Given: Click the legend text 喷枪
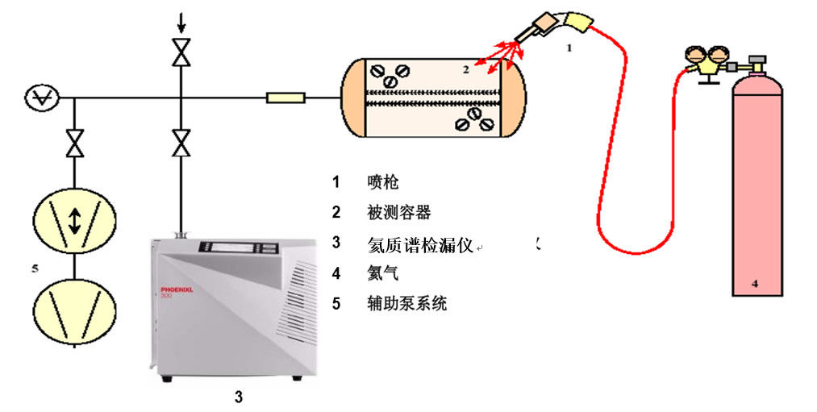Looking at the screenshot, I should coord(382,181).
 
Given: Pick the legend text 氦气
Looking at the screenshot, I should coord(382,273).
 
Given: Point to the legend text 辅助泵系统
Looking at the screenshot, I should coord(406,304).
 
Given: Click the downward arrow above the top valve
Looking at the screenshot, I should coord(181,23).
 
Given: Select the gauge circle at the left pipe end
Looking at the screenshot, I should coord(39,98).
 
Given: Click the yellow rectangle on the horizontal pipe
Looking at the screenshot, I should coord(286,98).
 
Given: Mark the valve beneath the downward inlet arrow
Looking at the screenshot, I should coord(181,54).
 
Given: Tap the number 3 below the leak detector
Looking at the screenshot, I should coord(238,396).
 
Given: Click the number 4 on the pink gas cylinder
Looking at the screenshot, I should coord(755,283).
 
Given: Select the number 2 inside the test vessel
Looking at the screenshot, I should coord(465,69).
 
